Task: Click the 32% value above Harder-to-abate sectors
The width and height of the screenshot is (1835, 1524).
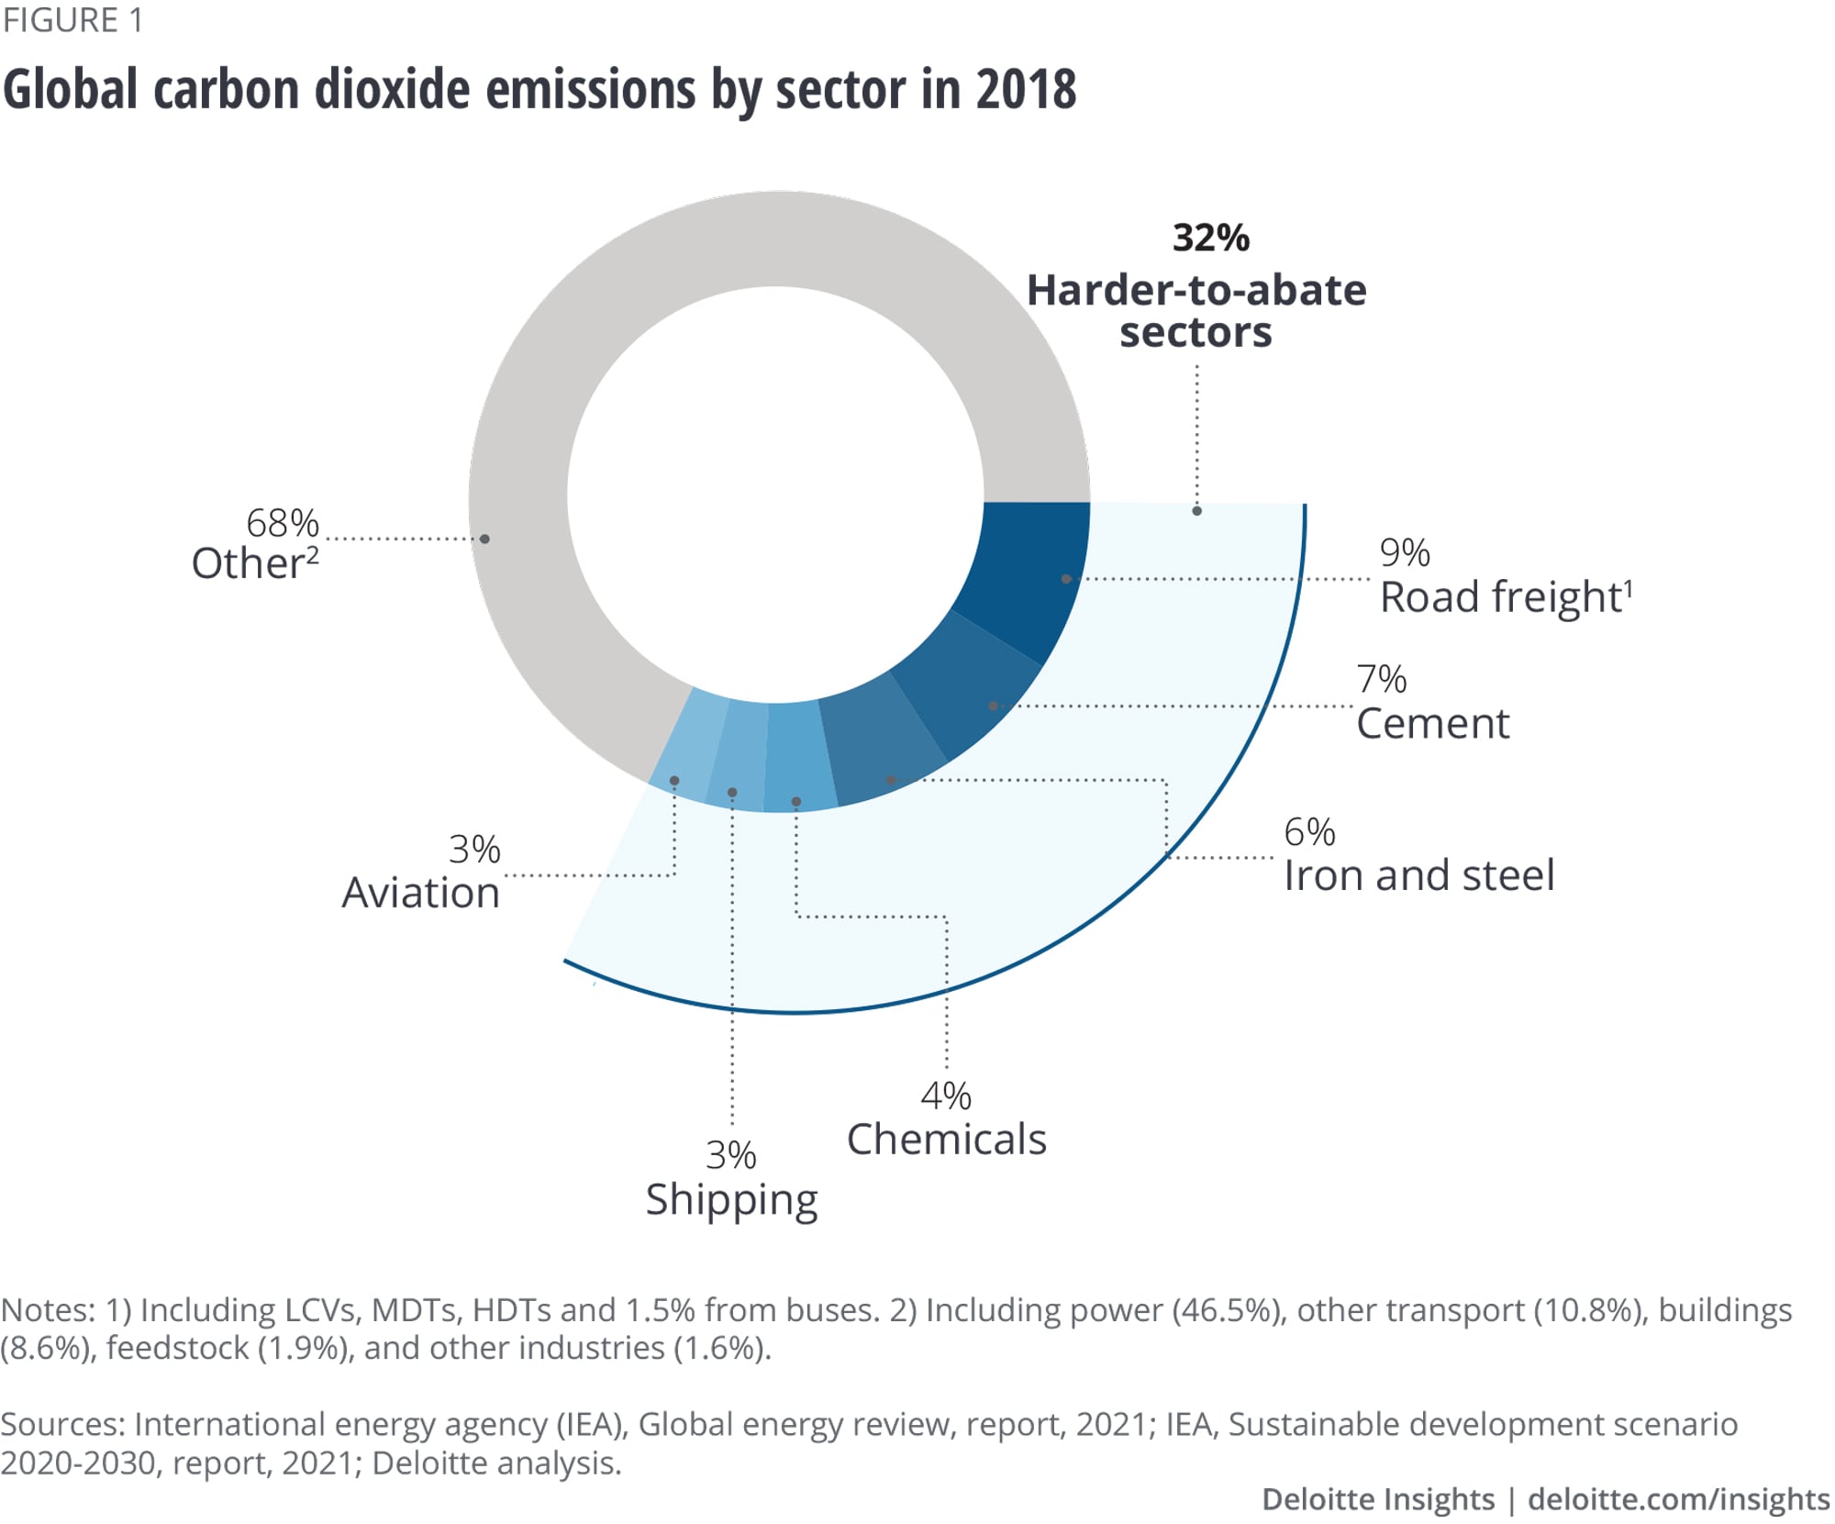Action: click(x=1210, y=238)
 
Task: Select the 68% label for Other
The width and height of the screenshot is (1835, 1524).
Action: click(x=282, y=524)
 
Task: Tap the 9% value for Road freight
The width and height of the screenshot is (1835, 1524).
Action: click(x=1404, y=552)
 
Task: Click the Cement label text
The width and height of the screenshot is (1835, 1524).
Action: click(x=1432, y=724)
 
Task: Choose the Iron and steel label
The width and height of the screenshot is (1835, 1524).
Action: click(x=1418, y=875)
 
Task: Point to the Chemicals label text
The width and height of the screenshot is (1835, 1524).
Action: click(x=946, y=1140)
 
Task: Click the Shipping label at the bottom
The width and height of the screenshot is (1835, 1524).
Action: click(x=731, y=1200)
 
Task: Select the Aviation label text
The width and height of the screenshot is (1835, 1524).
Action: click(x=420, y=893)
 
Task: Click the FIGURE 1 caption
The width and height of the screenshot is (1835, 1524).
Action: click(x=72, y=20)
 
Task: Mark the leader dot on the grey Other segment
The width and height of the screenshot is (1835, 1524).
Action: click(x=484, y=539)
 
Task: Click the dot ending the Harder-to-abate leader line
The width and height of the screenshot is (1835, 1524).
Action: click(x=1196, y=511)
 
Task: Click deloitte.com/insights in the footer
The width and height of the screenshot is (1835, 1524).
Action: click(x=1678, y=1499)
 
